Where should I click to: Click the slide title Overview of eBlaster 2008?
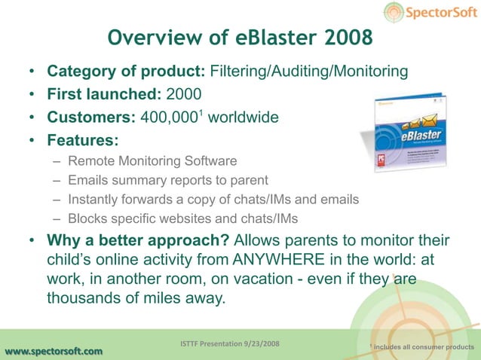coord(240,38)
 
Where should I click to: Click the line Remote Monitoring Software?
coord(152,161)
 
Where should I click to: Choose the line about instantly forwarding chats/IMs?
coord(213,200)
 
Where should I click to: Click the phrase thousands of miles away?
coord(136,298)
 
